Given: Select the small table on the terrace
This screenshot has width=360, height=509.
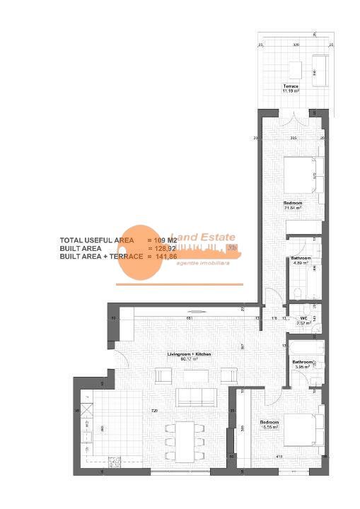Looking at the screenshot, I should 295,69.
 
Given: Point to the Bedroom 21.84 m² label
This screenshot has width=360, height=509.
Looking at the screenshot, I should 293,206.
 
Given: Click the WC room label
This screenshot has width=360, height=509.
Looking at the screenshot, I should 303,320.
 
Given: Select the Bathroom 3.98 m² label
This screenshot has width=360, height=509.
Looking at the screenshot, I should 303,365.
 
